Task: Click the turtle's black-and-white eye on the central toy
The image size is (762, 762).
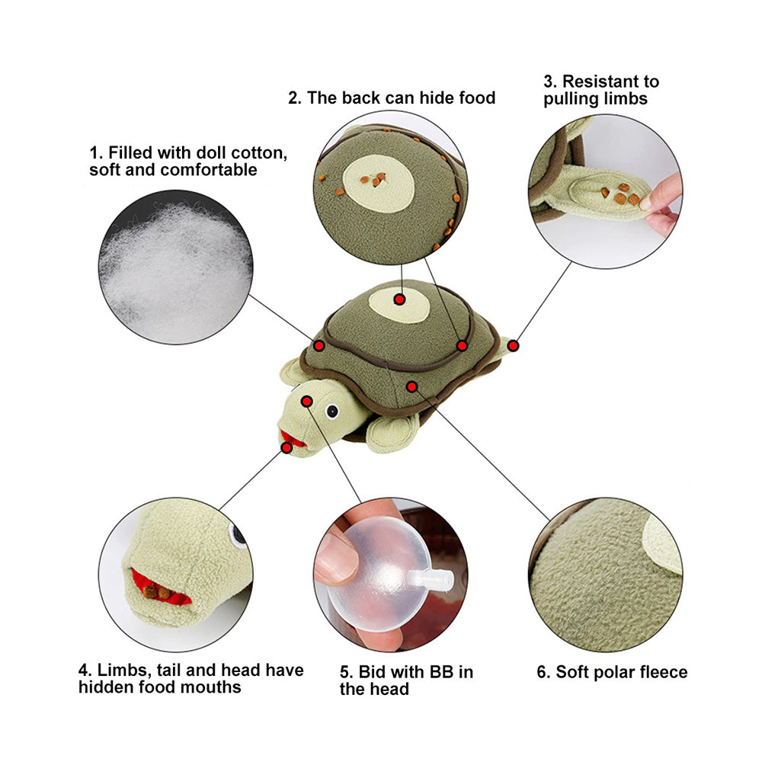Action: tap(332, 411)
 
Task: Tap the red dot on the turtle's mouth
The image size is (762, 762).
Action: tap(287, 447)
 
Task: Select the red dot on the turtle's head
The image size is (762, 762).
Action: tap(306, 402)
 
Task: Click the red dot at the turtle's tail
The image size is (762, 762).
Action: tap(513, 346)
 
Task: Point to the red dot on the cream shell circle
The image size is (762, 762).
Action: tap(399, 299)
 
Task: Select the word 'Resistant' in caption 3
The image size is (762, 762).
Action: tap(601, 82)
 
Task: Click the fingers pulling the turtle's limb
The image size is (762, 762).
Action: tap(662, 204)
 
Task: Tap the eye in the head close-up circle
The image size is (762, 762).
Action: tap(238, 535)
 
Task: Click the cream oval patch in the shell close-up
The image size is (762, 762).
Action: tap(379, 184)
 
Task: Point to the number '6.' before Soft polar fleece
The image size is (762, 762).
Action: tap(543, 672)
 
